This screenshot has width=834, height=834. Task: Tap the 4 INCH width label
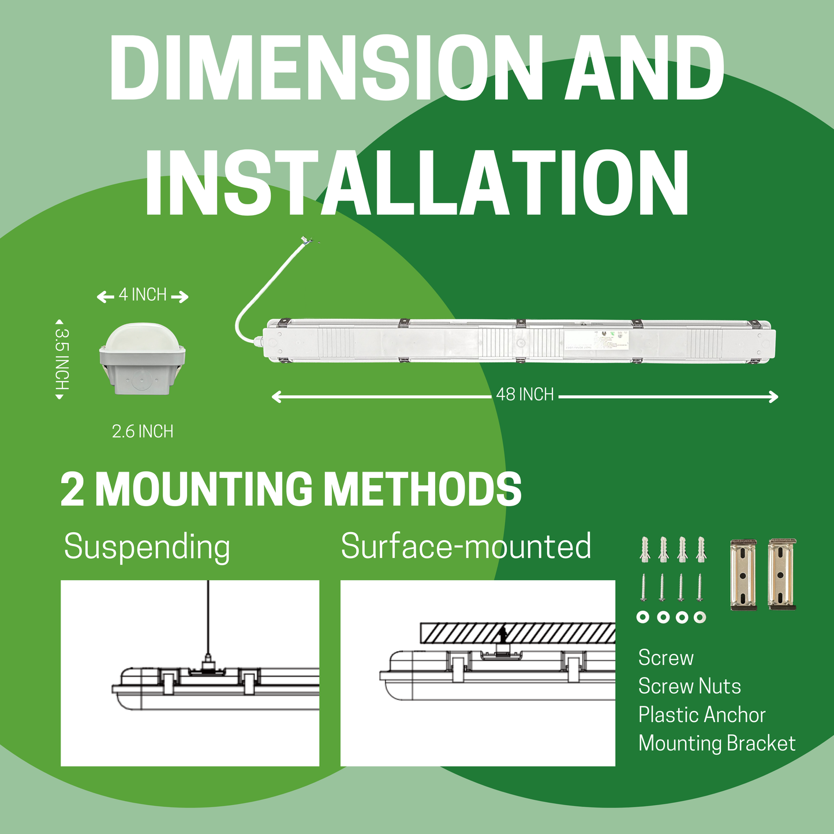(x=143, y=295)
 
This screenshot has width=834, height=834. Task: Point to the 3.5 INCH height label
(x=62, y=359)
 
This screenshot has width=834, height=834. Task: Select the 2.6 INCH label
(x=143, y=432)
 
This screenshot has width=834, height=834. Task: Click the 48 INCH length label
(x=525, y=395)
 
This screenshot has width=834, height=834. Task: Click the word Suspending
(x=147, y=547)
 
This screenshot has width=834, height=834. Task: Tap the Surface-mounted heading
(x=466, y=547)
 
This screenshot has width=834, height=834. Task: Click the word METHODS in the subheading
(x=422, y=489)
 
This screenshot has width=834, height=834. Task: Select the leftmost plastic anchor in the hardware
(x=645, y=549)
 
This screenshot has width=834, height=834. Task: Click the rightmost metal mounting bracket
(x=782, y=574)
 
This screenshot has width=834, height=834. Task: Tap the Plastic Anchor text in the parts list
(x=701, y=715)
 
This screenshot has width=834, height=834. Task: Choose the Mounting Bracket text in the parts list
(x=717, y=743)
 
